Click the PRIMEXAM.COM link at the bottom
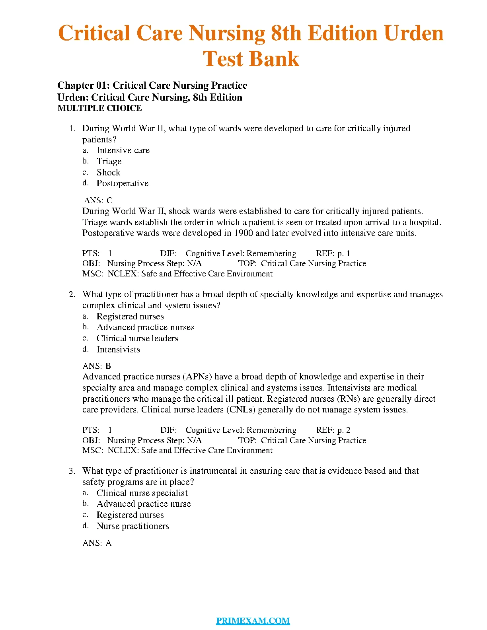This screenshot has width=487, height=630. (253, 620)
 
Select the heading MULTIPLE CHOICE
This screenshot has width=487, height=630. (99, 108)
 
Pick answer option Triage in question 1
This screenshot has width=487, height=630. (109, 161)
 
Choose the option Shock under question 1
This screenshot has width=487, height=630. (108, 173)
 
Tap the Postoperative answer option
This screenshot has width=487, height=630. (123, 183)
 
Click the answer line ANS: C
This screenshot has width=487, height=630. (98, 200)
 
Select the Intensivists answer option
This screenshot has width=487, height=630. (118, 350)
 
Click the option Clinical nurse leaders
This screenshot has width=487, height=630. (137, 338)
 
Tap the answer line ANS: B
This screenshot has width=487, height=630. (97, 366)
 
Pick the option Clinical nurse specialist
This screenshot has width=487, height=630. (142, 493)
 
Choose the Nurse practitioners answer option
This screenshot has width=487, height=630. (132, 526)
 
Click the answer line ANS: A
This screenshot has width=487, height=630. (97, 543)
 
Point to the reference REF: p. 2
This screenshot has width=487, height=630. (333, 430)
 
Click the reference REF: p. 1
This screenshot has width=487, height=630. (333, 253)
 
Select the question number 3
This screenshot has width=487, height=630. (72, 471)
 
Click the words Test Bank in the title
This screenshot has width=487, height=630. (251, 59)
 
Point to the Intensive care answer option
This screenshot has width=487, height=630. (123, 150)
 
